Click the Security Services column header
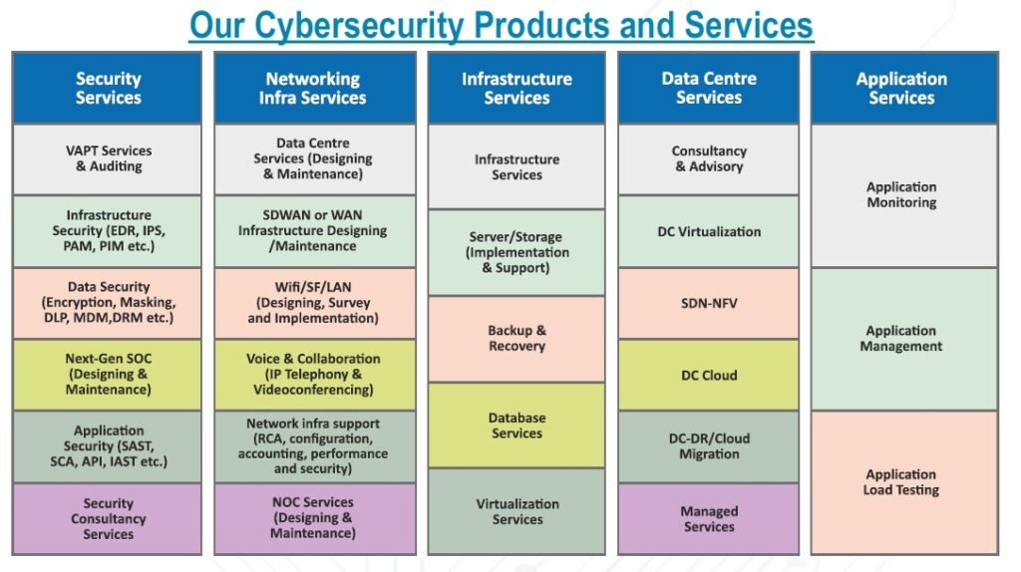click(x=108, y=88)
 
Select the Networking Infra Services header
click(x=313, y=88)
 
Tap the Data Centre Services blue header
click(x=708, y=88)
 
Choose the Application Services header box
click(x=901, y=88)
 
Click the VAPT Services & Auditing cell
click(x=108, y=159)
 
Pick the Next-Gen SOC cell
click(x=108, y=375)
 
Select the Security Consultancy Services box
click(x=108, y=518)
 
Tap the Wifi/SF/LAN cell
click(x=313, y=303)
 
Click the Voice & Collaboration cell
click(x=313, y=375)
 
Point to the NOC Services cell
click(x=313, y=518)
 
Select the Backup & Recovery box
click(x=516, y=339)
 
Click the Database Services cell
click(x=516, y=426)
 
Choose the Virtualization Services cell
click(x=516, y=511)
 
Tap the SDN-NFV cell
click(x=708, y=303)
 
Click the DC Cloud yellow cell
click(x=708, y=375)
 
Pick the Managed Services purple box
click(x=708, y=518)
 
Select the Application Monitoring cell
click(x=901, y=194)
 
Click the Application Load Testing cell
click(x=901, y=482)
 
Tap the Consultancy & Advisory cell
click(x=708, y=159)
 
